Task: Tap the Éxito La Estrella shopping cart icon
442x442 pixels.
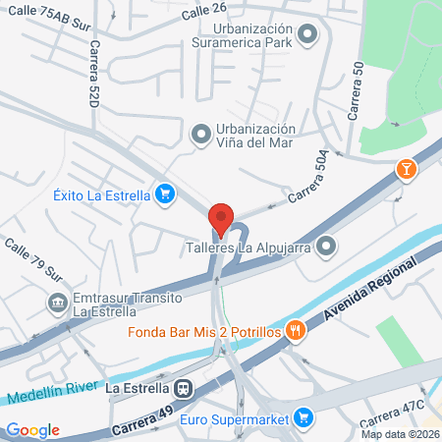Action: [x=164, y=194]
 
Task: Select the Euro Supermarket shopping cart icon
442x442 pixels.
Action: [x=304, y=419]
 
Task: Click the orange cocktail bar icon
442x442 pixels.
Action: [x=405, y=170]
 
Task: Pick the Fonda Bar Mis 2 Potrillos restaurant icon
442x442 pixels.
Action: [x=294, y=331]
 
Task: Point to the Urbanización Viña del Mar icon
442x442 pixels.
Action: [x=200, y=133]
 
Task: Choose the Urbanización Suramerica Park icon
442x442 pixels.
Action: [x=309, y=37]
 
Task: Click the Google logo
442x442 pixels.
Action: [x=32, y=429]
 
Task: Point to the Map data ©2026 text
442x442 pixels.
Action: [x=399, y=434]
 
